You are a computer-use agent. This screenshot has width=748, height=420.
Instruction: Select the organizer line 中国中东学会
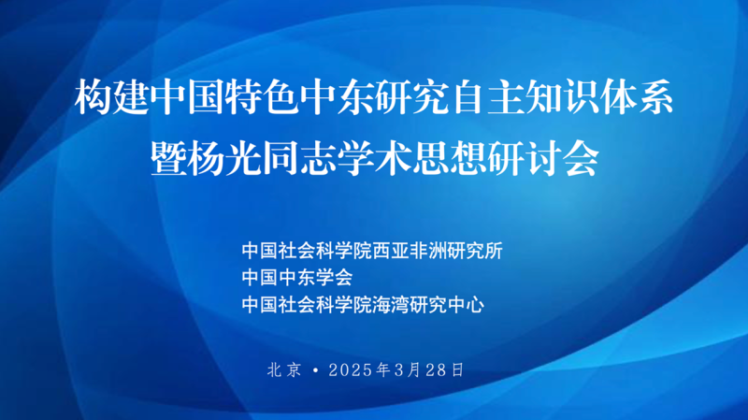click(297, 277)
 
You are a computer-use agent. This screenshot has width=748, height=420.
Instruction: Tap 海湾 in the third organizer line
click(390, 305)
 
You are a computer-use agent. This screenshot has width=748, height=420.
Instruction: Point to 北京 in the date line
click(285, 369)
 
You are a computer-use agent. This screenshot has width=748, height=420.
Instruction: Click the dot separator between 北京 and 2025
click(315, 369)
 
